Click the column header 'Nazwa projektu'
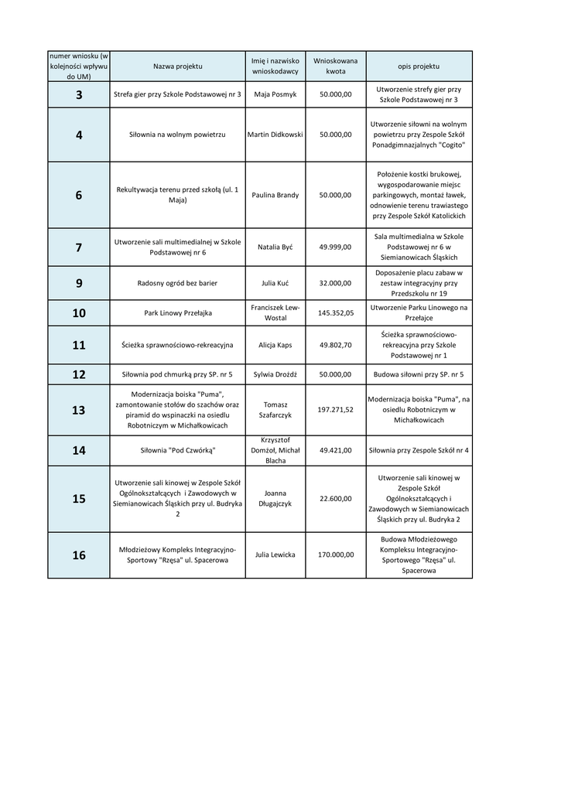coord(177,67)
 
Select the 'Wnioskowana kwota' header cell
coord(335,66)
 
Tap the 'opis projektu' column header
coord(419,67)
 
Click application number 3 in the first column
coord(79,94)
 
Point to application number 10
coord(79,313)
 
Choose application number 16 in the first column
coord(79,555)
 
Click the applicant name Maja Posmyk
coord(275,94)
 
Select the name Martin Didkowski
coord(275,135)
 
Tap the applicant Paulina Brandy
coord(275,195)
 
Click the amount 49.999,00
coord(335,247)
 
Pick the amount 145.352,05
coord(335,313)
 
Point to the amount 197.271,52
coord(335,410)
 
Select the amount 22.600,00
coord(335,499)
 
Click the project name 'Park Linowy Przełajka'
coord(177,313)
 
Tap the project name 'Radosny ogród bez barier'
coord(177,283)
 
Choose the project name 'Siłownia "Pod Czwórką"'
coord(177,450)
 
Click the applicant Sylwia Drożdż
coord(275,374)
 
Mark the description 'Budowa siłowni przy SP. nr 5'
coord(419,374)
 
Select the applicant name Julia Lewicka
coord(275,555)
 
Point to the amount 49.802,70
coord(335,345)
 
